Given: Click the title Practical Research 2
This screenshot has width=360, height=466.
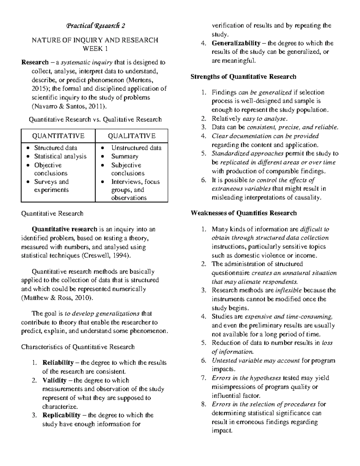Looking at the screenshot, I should tap(95, 26).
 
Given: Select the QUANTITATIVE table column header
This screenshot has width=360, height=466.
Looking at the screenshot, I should tap(58, 136).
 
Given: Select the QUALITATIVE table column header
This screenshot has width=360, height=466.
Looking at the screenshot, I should tap(132, 136).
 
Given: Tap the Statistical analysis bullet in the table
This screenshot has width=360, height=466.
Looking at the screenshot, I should tap(60, 156).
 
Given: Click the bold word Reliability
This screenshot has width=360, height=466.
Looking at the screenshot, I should tap(58, 363).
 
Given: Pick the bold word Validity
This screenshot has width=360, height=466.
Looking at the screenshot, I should tap(54, 380).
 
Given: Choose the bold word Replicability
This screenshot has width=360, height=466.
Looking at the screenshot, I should tap(61, 415).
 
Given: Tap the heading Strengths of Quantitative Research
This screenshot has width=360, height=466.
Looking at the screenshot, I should tap(243, 77).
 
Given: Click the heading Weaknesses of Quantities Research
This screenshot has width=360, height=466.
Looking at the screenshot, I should tap(244, 213).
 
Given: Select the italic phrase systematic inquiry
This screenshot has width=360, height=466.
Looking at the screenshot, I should tap(87, 63).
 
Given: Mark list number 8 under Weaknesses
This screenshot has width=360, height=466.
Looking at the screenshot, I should tap(204, 404).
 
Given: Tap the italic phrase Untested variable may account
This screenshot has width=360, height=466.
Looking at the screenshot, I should tap(256, 361).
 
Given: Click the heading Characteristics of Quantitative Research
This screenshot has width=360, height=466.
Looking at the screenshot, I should tap(78, 347).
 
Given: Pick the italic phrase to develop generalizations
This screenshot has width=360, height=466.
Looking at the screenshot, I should tap(102, 314).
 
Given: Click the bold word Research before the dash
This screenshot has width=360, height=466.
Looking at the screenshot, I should tap(35, 63).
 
